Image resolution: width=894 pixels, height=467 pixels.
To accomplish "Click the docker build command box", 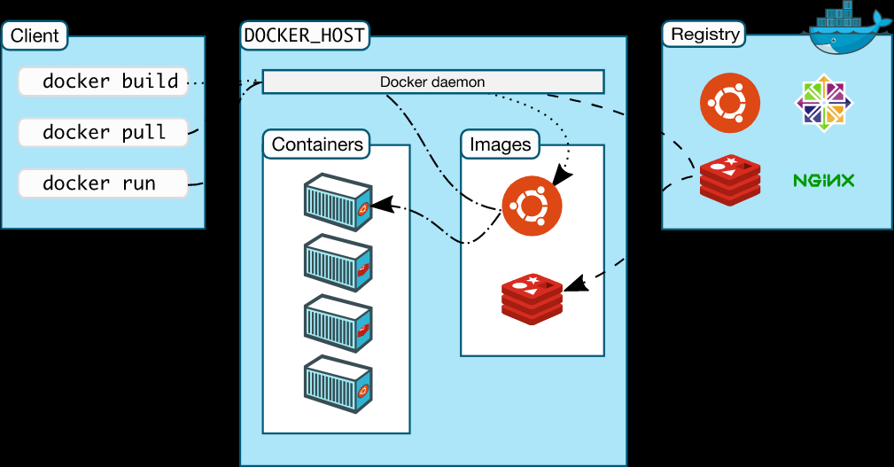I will click(103, 82).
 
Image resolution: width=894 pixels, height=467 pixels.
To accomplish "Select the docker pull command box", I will click(103, 133).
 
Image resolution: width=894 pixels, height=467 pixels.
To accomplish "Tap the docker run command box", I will click(103, 183).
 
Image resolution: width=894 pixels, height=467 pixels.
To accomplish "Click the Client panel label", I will click(35, 36).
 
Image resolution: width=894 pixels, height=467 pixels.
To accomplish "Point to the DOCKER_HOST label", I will click(304, 36).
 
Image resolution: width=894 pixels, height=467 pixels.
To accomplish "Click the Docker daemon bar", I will click(432, 82).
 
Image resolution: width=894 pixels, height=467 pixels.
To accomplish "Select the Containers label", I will click(317, 144).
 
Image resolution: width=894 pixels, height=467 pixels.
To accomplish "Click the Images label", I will click(501, 144).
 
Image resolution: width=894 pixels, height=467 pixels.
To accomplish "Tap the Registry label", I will click(704, 35).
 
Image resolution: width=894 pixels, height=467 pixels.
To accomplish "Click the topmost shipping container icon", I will click(337, 202).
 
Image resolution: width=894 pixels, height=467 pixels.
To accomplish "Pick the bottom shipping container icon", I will click(337, 384).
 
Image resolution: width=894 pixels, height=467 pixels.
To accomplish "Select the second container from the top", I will click(337, 263).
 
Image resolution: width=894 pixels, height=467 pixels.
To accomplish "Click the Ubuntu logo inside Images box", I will click(532, 206).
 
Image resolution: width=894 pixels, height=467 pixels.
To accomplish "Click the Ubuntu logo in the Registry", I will click(730, 103).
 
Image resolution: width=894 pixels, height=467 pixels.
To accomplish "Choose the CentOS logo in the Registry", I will click(825, 103).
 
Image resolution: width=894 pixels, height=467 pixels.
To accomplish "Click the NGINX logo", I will click(823, 181).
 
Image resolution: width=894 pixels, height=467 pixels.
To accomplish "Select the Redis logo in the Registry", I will click(730, 180).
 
